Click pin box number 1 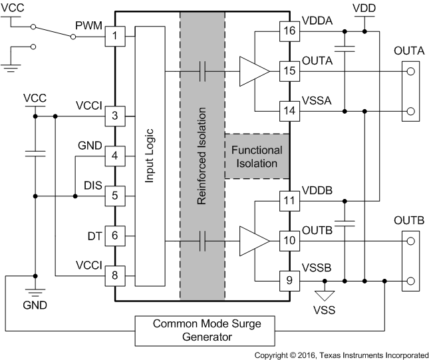tap(114, 35)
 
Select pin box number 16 tap(289, 30)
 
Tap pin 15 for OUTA tap(289, 71)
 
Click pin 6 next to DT tap(114, 235)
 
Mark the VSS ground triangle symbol tap(325, 294)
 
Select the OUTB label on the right tap(409, 220)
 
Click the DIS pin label tap(93, 186)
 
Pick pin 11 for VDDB tap(289, 200)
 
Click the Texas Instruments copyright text tap(341, 355)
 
